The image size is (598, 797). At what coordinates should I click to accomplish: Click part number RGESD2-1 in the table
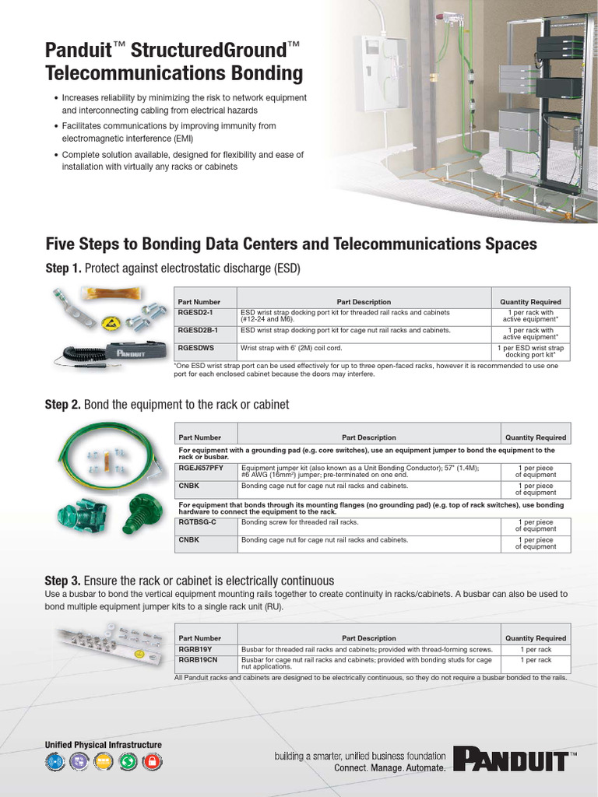(x=195, y=312)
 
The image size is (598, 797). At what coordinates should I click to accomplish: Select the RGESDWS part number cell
(x=195, y=349)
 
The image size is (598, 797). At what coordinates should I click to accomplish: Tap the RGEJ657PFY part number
(x=201, y=467)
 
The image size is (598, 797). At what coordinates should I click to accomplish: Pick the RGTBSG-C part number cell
(x=197, y=521)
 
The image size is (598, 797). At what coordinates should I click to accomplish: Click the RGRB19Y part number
(x=194, y=649)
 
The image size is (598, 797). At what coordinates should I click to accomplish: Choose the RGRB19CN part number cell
(x=197, y=659)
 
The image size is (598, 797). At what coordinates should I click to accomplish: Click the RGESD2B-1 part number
(x=198, y=330)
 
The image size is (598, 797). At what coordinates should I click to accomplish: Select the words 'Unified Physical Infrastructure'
(x=104, y=745)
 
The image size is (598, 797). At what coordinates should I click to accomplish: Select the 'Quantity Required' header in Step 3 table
(x=536, y=638)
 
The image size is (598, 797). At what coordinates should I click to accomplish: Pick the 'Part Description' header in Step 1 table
(x=364, y=302)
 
